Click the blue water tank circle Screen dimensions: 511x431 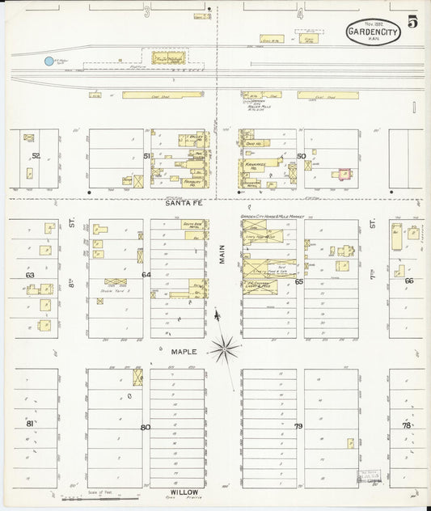(x=49, y=61)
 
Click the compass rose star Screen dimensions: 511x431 (x=226, y=349)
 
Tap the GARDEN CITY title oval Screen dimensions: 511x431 (x=374, y=32)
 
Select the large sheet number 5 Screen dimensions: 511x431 (x=412, y=23)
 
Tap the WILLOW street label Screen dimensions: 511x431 (x=184, y=492)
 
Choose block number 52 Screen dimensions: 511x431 (x=35, y=155)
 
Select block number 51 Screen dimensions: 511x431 (x=146, y=155)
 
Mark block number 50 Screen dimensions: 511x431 (x=301, y=155)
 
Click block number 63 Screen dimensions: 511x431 (x=31, y=276)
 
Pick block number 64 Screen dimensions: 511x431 (x=146, y=275)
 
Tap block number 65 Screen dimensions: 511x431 (x=298, y=281)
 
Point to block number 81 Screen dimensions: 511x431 (x=30, y=423)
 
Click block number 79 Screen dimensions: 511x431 (x=298, y=426)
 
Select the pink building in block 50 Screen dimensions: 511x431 (x=344, y=173)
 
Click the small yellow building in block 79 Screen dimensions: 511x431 (x=350, y=442)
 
